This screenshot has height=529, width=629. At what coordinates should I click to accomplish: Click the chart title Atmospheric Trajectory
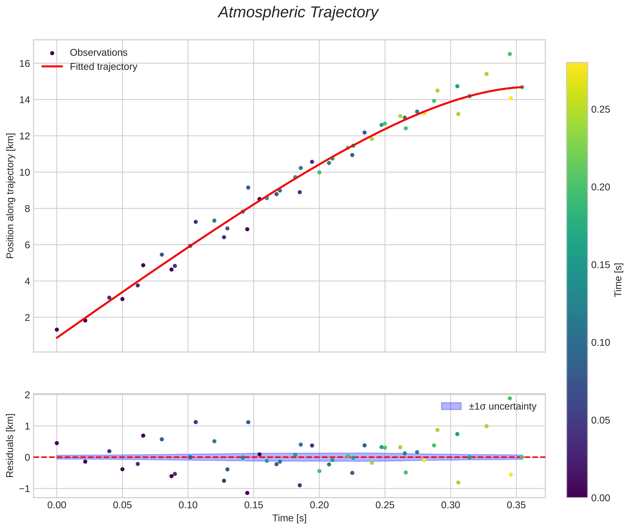click(x=298, y=12)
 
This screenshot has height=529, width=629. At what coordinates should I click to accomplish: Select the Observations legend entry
click(x=98, y=53)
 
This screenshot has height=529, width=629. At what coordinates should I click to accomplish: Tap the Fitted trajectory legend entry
click(x=103, y=67)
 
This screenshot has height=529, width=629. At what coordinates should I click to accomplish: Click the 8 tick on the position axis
click(x=27, y=209)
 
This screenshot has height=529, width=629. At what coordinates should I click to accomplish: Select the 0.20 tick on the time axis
click(x=319, y=505)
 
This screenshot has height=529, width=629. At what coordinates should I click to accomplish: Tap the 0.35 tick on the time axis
click(x=516, y=505)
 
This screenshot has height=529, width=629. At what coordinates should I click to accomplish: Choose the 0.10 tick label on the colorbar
click(x=600, y=342)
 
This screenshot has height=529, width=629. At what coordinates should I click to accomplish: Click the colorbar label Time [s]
click(x=618, y=280)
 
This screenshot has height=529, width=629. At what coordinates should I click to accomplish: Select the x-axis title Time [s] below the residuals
click(x=289, y=518)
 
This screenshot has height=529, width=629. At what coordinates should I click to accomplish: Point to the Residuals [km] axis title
click(x=10, y=445)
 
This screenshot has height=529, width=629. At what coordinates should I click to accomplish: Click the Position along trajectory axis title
click(x=10, y=195)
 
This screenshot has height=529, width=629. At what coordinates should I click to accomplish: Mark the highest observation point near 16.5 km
click(x=510, y=54)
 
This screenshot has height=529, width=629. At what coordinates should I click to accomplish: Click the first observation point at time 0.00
click(x=57, y=330)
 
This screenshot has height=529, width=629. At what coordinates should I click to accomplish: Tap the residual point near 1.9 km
click(x=510, y=398)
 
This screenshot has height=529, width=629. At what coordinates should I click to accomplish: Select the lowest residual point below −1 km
click(x=247, y=493)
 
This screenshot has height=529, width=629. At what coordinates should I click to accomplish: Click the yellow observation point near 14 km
click(x=511, y=98)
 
